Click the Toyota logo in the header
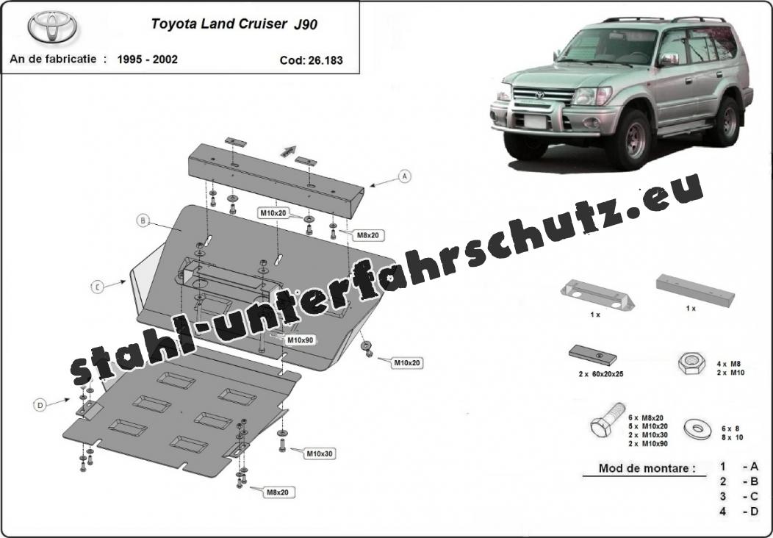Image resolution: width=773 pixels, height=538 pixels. click(52, 27)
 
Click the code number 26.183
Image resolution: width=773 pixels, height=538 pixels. click(326, 60)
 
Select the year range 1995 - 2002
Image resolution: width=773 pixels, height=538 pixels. click(148, 60)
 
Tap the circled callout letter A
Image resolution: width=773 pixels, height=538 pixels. click(405, 176)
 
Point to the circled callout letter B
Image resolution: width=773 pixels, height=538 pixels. click(143, 221)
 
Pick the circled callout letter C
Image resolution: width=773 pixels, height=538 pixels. click(98, 287)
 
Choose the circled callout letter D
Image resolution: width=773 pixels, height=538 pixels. click(40, 406)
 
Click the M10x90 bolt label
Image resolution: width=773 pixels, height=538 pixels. click(300, 340)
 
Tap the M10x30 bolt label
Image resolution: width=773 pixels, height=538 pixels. click(320, 453)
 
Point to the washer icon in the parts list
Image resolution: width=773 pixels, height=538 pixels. click(697, 429)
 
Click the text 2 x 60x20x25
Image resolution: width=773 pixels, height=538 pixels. click(601, 374)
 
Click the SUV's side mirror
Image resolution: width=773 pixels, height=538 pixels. click(669, 60)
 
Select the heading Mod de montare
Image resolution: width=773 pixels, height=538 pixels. click(647, 468)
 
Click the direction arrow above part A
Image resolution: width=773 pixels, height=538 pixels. click(288, 151)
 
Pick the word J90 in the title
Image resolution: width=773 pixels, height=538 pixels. click(306, 24)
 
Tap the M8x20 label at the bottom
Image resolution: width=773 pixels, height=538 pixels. click(278, 492)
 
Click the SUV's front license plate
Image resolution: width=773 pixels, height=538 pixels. click(536, 121)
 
